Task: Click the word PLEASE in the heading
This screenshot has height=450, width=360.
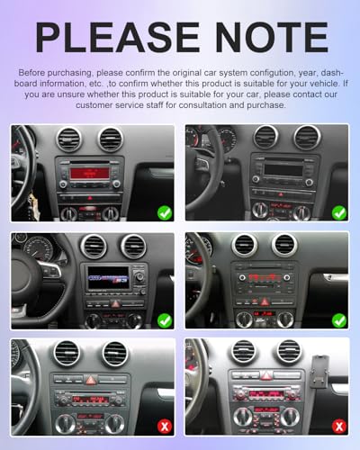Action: [x=118, y=38]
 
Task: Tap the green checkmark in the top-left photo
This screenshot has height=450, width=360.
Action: [x=165, y=213]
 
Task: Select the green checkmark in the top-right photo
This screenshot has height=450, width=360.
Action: [x=339, y=213]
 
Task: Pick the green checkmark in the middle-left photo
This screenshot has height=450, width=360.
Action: [x=165, y=320]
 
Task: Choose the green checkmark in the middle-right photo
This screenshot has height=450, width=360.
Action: [x=339, y=320]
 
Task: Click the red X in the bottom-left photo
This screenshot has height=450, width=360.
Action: [x=165, y=427]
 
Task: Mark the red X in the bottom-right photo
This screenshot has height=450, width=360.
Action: [x=339, y=427]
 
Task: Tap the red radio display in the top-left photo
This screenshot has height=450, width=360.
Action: [x=90, y=174]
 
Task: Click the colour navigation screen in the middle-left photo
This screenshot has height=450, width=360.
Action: [x=108, y=277]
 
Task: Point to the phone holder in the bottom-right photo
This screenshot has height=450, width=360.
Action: [x=320, y=372]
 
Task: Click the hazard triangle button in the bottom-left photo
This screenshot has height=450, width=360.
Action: [x=90, y=380]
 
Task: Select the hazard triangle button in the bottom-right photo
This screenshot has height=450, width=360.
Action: [x=265, y=375]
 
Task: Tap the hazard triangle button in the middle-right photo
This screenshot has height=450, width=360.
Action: [x=265, y=301]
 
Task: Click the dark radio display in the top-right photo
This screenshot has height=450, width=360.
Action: [x=283, y=170]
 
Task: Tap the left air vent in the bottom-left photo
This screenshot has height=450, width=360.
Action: [x=67, y=354]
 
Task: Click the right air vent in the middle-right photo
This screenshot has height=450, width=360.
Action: [x=284, y=246]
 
